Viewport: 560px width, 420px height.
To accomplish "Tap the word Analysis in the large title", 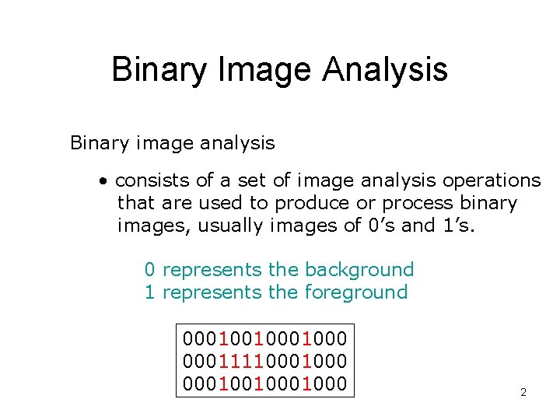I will point(386,69).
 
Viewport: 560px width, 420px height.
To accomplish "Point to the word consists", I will point(152,180).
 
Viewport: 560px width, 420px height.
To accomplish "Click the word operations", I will point(492,180).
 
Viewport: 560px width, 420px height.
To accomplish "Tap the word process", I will point(415,203).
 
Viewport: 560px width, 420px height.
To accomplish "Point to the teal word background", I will point(359,270).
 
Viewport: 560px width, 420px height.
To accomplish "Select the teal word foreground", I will point(356,292).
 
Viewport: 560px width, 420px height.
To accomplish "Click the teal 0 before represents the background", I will point(149,270).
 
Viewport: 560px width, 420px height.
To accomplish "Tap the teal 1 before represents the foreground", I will point(149,292).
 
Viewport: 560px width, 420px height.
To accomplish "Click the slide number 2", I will point(523,392).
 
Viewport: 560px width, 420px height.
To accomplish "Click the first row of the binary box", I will point(264,338).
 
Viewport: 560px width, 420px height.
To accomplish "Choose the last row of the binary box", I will point(264,383).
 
